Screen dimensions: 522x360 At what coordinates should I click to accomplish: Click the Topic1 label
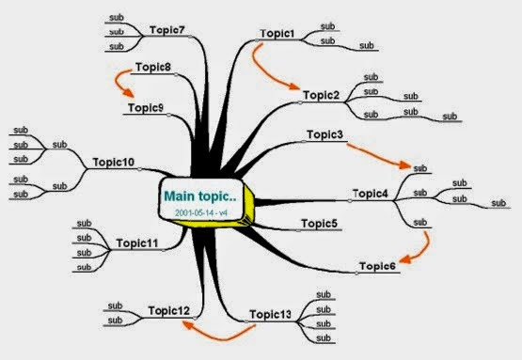pos(277,34)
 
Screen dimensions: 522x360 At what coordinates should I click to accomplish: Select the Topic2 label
pos(322,95)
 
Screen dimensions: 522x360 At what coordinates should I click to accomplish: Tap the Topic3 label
pos(324,134)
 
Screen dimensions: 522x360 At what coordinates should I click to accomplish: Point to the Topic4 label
pos(371,194)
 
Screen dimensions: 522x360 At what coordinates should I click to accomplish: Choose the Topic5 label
pos(319,224)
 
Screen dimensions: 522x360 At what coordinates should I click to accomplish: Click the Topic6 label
pos(377,266)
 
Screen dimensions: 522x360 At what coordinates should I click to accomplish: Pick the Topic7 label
pos(167,30)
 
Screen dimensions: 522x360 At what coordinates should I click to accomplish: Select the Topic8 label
pos(153,67)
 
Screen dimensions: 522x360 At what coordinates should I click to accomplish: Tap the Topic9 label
pos(146,108)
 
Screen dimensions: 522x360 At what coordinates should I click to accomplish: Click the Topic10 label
pos(114,162)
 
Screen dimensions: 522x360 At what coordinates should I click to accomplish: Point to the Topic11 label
pos(137,243)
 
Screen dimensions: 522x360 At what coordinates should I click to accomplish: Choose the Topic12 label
pos(169,311)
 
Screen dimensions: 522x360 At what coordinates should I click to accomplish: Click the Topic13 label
pos(270,314)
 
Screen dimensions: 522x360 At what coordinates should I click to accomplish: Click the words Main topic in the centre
pos(200,196)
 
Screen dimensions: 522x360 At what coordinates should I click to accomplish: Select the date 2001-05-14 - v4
pos(201,212)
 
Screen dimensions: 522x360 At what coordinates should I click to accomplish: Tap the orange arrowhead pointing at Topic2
pos(294,86)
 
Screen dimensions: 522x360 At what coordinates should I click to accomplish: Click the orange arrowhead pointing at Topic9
pos(129,92)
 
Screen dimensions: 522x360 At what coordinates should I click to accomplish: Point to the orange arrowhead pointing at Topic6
pos(405,258)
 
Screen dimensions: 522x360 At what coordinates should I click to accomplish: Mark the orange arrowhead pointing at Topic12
pos(188,324)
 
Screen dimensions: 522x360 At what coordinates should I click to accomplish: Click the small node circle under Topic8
pos(176,75)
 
